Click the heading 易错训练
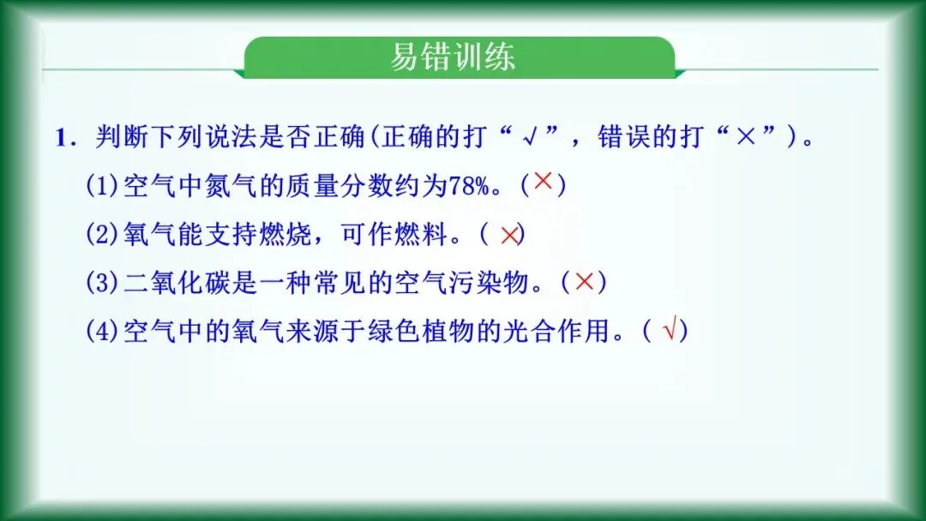[x=453, y=57]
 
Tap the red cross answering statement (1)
[x=543, y=183]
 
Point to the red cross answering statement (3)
[x=584, y=282]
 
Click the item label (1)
[x=104, y=187]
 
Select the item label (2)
[x=104, y=235]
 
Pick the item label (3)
[x=104, y=283]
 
